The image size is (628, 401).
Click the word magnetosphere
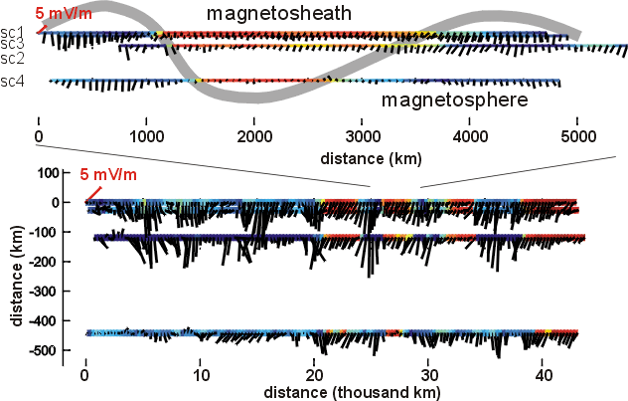pyautogui.click(x=445, y=100)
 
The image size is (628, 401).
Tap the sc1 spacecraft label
pyautogui.click(x=12, y=33)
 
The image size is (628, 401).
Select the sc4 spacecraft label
pyautogui.click(x=12, y=82)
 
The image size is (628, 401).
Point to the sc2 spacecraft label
pyautogui.click(x=12, y=56)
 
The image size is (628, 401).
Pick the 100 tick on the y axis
pyautogui.click(x=50, y=173)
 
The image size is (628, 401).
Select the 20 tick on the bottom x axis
pyautogui.click(x=315, y=377)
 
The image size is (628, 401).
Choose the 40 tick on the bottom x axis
pyautogui.click(x=544, y=377)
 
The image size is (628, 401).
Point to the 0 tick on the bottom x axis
pyautogui.click(x=86, y=377)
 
